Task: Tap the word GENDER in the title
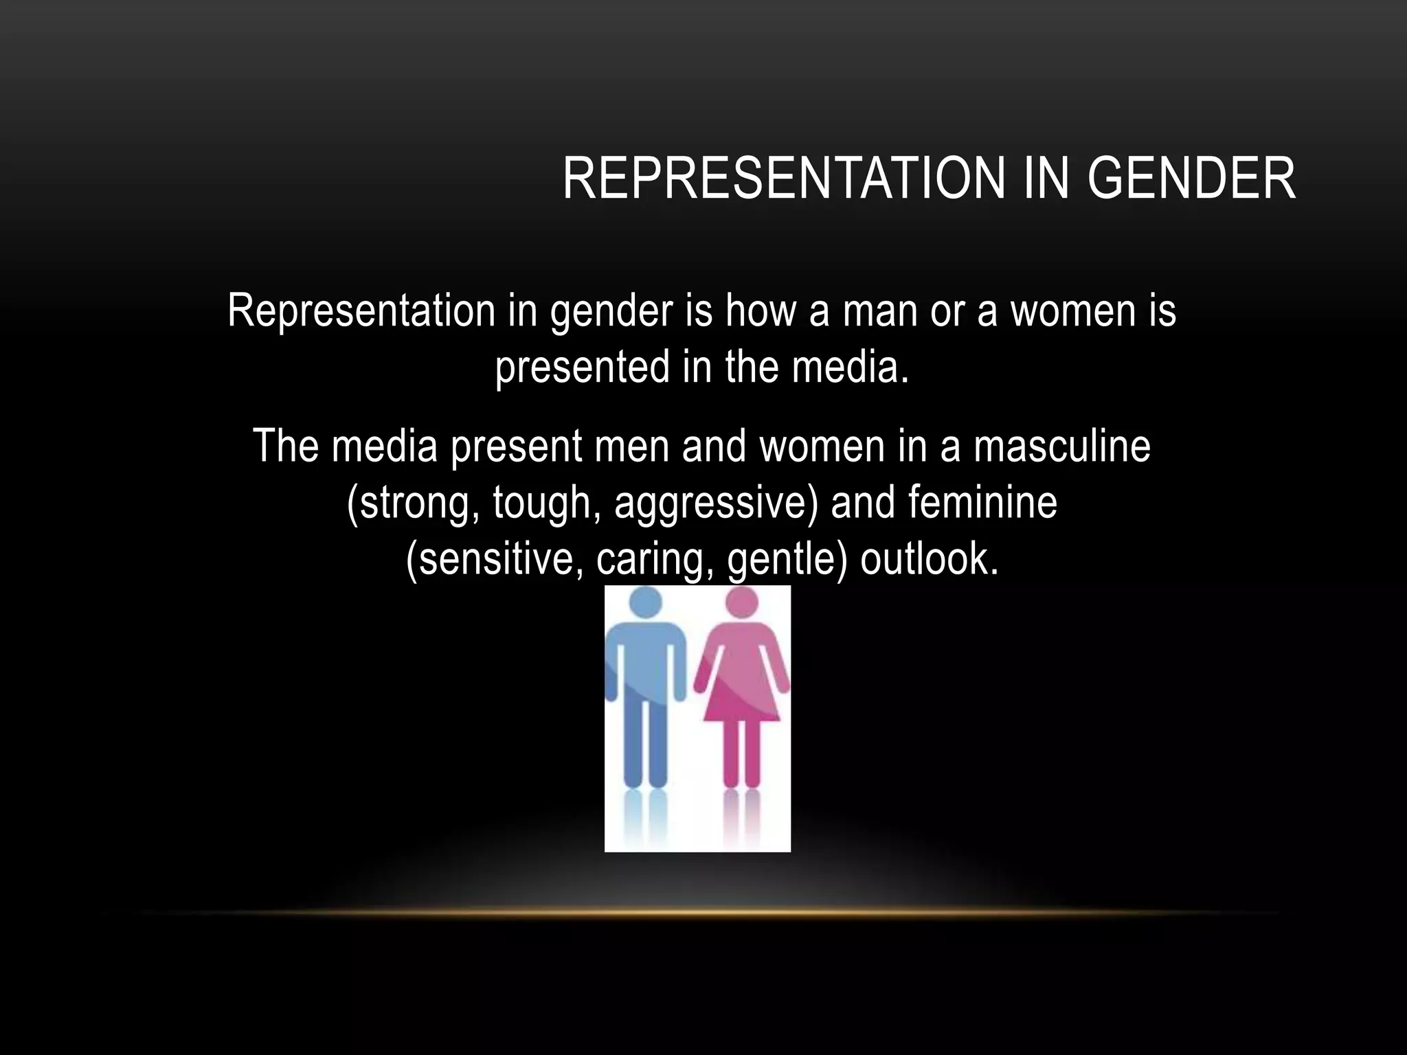[1191, 179]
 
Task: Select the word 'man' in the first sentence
[880, 310]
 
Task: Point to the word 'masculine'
[1061, 446]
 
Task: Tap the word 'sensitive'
[496, 559]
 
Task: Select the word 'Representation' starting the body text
[361, 310]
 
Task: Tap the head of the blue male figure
[645, 602]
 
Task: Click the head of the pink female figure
[742, 602]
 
